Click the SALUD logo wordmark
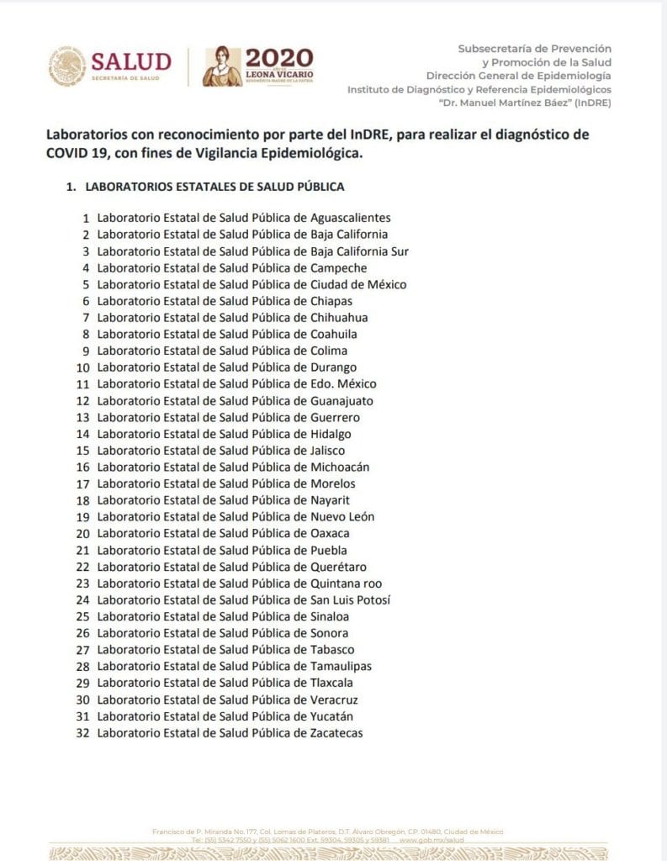(x=130, y=61)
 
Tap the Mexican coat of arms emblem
(x=67, y=66)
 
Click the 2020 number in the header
(x=278, y=57)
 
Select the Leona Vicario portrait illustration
(x=222, y=66)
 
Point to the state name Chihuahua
(x=339, y=318)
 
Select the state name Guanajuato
(x=341, y=401)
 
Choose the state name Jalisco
(x=327, y=451)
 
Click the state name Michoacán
(x=340, y=467)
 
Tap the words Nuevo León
(x=342, y=517)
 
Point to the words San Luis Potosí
(x=350, y=600)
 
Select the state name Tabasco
(x=332, y=650)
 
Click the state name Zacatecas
(x=336, y=733)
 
